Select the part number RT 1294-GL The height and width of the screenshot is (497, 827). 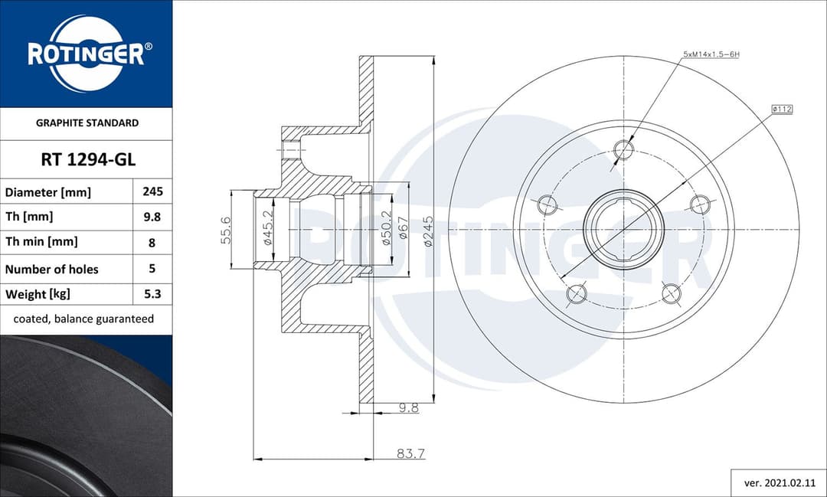pyautogui.click(x=87, y=159)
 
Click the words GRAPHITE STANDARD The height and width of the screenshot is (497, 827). pyautogui.click(x=87, y=123)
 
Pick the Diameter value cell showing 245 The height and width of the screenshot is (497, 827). pyautogui.click(x=152, y=191)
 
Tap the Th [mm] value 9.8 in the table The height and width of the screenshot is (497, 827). pyautogui.click(x=152, y=217)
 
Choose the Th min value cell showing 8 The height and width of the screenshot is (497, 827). pyautogui.click(x=152, y=242)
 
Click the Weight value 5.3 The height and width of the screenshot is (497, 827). pyautogui.click(x=152, y=294)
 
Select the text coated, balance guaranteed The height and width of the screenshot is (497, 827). pyautogui.click(x=83, y=319)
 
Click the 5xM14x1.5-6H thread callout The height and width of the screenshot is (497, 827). pyautogui.click(x=711, y=55)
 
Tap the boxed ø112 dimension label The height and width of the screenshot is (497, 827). pyautogui.click(x=781, y=110)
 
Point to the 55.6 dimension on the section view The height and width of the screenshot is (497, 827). pyautogui.click(x=226, y=229)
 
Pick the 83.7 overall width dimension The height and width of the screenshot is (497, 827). pyautogui.click(x=410, y=453)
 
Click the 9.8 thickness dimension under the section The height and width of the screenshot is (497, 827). pyautogui.click(x=408, y=408)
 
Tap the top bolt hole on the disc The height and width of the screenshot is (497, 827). pyautogui.click(x=625, y=149)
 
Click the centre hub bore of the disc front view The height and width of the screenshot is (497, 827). pyautogui.click(x=623, y=229)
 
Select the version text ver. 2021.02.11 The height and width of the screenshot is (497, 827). pyautogui.click(x=778, y=482)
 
